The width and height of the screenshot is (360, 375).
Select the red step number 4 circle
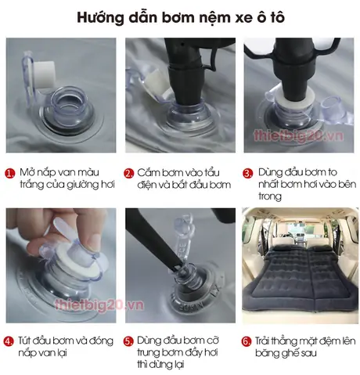click(10, 341)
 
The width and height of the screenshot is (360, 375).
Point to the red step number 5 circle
click(129, 341)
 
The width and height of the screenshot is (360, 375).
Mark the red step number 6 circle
click(247, 341)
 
